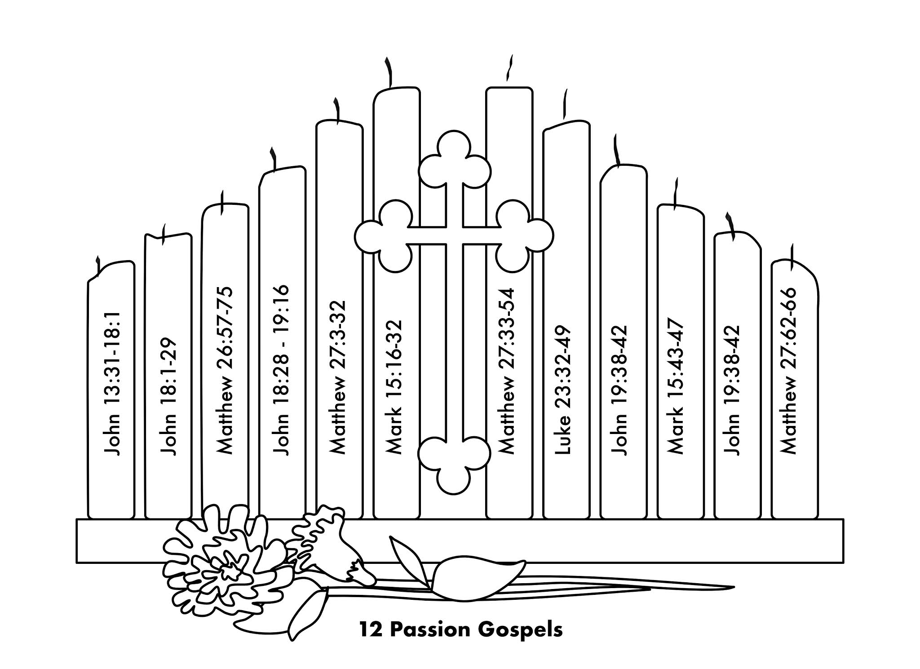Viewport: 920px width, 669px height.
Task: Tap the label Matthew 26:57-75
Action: tap(225, 370)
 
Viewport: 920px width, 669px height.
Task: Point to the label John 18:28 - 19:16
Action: tap(282, 370)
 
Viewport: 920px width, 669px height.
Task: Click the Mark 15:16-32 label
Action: tap(395, 386)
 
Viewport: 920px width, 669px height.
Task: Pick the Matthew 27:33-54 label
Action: tap(508, 371)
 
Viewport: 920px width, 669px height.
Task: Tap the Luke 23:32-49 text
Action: tap(564, 389)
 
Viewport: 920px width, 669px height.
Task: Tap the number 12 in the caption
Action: tap(371, 629)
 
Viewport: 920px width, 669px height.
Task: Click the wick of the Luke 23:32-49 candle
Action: tap(565, 106)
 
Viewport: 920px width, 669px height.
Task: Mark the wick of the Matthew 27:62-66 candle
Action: tap(791, 253)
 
